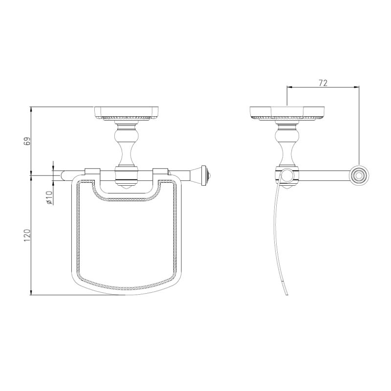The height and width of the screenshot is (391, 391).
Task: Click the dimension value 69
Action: point(28,141)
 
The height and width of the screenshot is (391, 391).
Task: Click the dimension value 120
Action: point(28,235)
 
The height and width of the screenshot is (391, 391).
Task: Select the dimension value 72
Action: point(323,83)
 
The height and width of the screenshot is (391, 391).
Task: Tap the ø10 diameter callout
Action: point(49,197)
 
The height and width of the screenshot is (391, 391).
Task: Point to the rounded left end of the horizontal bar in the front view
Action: point(63,175)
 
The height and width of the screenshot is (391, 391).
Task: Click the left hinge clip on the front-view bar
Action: point(92,172)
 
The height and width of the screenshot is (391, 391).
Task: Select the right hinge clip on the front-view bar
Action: point(160,172)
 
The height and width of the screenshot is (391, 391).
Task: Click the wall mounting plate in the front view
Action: point(127,114)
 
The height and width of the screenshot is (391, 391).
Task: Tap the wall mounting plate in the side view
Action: point(287,114)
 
